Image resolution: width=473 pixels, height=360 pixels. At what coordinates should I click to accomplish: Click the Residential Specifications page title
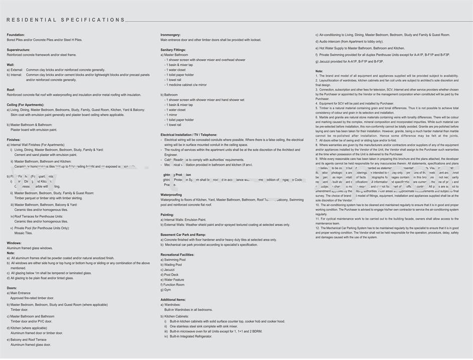click(x=66, y=20)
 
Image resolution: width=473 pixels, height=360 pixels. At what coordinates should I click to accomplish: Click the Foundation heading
click(x=16, y=35)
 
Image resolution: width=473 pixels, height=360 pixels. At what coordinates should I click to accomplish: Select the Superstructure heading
click(x=19, y=50)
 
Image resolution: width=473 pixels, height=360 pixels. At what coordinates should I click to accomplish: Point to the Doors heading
click(x=12, y=288)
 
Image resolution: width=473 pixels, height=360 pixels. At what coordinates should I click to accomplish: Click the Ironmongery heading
click(x=171, y=35)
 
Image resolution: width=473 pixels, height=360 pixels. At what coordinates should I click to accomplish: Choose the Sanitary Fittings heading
click(x=173, y=50)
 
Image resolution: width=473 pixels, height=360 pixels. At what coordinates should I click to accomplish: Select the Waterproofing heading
click(x=171, y=194)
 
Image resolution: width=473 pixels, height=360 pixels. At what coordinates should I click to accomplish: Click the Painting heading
click(x=167, y=214)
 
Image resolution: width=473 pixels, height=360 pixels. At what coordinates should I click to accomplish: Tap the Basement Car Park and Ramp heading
click(x=183, y=234)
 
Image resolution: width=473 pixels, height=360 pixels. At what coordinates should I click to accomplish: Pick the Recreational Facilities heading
click(x=177, y=255)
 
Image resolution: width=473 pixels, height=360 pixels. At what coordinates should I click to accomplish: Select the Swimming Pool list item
click(x=174, y=260)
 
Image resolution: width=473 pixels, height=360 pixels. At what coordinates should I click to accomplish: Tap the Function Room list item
click(x=173, y=285)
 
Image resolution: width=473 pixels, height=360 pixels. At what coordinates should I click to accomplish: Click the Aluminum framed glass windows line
click(x=30, y=248)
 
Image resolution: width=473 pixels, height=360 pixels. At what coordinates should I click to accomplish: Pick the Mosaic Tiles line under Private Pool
click(x=24, y=233)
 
